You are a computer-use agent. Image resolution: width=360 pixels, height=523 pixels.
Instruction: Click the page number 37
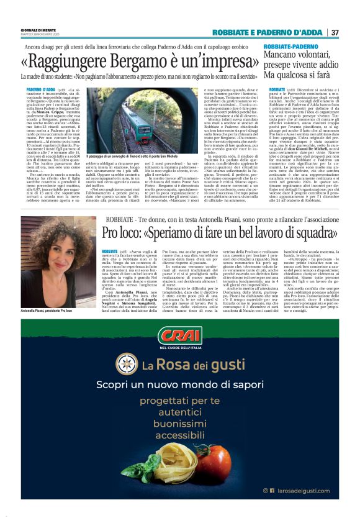point(335,32)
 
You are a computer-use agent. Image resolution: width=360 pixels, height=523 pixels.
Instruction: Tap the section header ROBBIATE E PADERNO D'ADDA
point(268,32)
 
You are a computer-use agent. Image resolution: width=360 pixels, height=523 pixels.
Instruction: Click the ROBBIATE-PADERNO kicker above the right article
point(294,47)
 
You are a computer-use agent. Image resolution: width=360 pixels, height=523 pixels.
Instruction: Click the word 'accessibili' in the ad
point(180,435)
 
